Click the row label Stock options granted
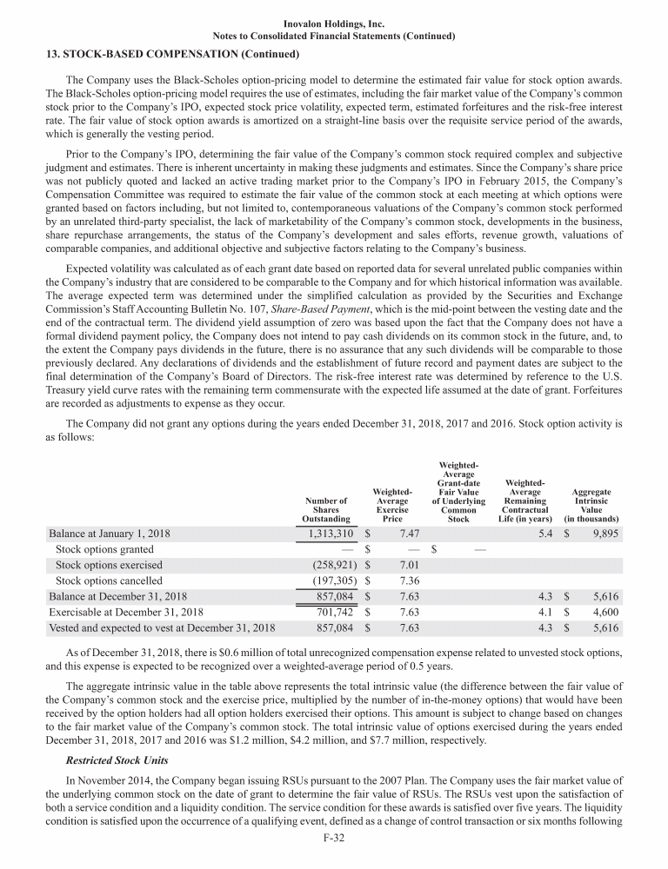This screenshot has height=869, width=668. coord(104,549)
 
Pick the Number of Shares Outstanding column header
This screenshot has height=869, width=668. coord(326,509)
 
